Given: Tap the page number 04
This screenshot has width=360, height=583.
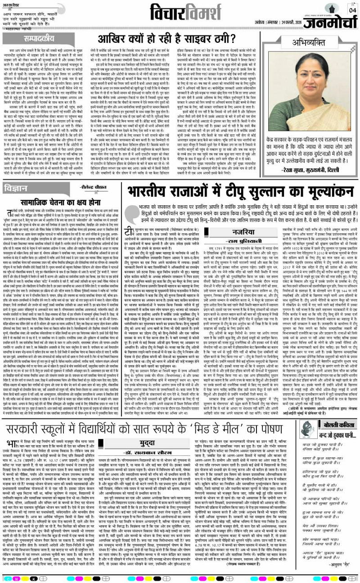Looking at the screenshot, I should click(x=351, y=9).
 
